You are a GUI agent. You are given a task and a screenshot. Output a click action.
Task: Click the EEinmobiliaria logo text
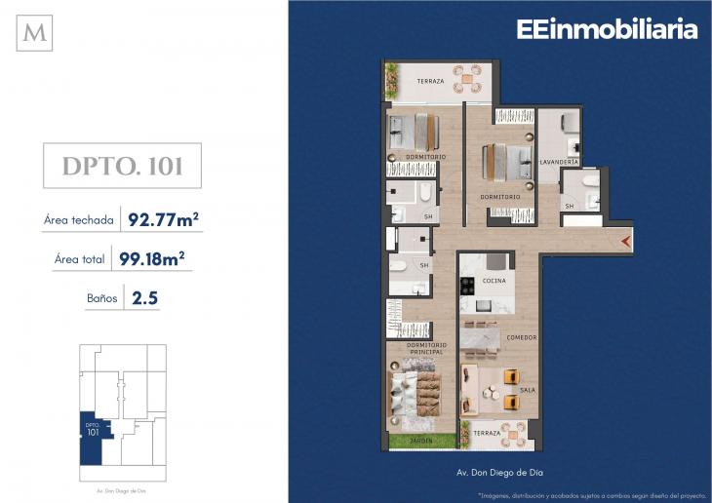[x=607, y=30]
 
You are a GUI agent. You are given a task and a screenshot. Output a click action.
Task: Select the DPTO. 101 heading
[x=122, y=166]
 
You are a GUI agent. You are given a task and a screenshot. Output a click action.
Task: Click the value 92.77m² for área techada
[x=163, y=219]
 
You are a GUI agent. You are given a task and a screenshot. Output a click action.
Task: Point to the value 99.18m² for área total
[x=151, y=258]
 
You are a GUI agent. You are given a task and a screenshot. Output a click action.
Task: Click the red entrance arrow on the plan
[x=626, y=241]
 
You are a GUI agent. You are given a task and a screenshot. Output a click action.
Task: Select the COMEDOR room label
[x=522, y=337]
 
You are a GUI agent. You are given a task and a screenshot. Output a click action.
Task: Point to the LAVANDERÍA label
[x=559, y=161]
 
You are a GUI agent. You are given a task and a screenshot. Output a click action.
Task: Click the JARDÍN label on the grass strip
[x=421, y=441]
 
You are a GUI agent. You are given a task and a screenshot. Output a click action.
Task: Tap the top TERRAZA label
[x=430, y=80]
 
